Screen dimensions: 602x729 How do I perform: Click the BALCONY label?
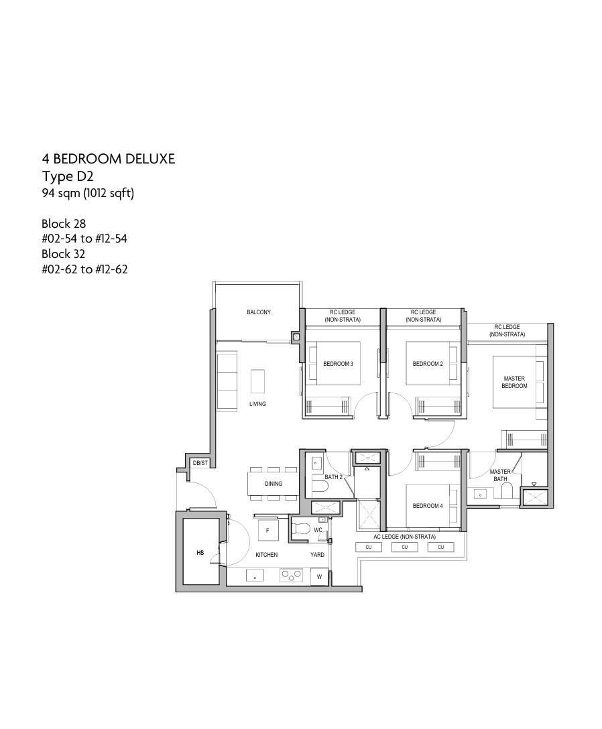tap(259, 312)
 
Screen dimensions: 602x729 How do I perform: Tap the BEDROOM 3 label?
tap(339, 364)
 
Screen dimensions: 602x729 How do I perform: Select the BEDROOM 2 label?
tap(428, 364)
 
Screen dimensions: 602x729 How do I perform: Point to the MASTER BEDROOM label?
tap(514, 382)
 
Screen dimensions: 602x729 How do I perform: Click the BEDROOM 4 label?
tap(428, 505)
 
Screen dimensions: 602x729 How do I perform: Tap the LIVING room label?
tap(257, 404)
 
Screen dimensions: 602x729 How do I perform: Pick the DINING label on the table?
tap(274, 484)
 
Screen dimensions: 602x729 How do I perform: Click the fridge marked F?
tap(268, 531)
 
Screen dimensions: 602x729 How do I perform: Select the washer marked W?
tap(319, 577)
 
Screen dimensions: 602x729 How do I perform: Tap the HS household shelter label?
tap(200, 553)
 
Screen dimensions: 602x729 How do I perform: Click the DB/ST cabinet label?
tap(200, 463)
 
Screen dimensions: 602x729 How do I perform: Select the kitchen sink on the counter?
tap(255, 576)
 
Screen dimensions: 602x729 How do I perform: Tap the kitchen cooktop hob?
tap(291, 576)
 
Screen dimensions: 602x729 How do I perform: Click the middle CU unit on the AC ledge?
tap(405, 547)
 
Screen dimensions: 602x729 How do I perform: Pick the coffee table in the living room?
tap(257, 381)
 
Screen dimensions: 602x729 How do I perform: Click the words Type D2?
tap(68, 177)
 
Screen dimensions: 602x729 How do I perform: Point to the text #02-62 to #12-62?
tap(84, 269)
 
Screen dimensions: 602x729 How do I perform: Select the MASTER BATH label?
tap(500, 475)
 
